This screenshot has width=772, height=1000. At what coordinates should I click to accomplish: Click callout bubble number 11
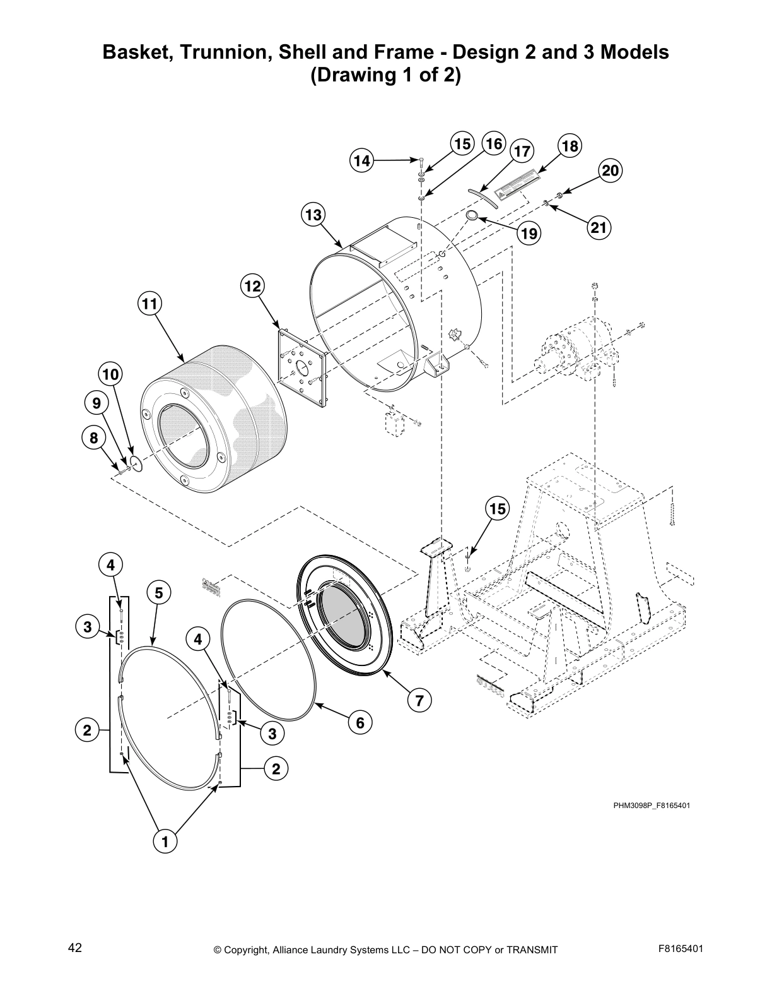pyautogui.click(x=149, y=304)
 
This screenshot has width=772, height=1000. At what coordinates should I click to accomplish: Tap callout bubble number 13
pyautogui.click(x=313, y=215)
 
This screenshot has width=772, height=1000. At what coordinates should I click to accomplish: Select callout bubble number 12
pyautogui.click(x=252, y=286)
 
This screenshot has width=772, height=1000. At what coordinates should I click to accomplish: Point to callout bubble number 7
pyautogui.click(x=419, y=699)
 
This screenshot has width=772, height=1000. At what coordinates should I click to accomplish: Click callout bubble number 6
pyautogui.click(x=360, y=722)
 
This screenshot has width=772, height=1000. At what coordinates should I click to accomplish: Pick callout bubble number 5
pyautogui.click(x=158, y=593)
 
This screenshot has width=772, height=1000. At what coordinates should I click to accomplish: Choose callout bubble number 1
pyautogui.click(x=165, y=842)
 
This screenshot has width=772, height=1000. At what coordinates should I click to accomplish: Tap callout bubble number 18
pyautogui.click(x=569, y=146)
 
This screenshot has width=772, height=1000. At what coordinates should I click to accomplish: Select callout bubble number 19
pyautogui.click(x=529, y=234)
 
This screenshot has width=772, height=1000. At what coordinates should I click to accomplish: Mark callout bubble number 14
pyautogui.click(x=361, y=161)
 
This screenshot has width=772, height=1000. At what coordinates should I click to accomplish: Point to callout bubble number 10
pyautogui.click(x=110, y=374)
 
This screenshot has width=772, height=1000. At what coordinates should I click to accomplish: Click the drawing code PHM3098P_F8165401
pyautogui.click(x=647, y=806)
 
